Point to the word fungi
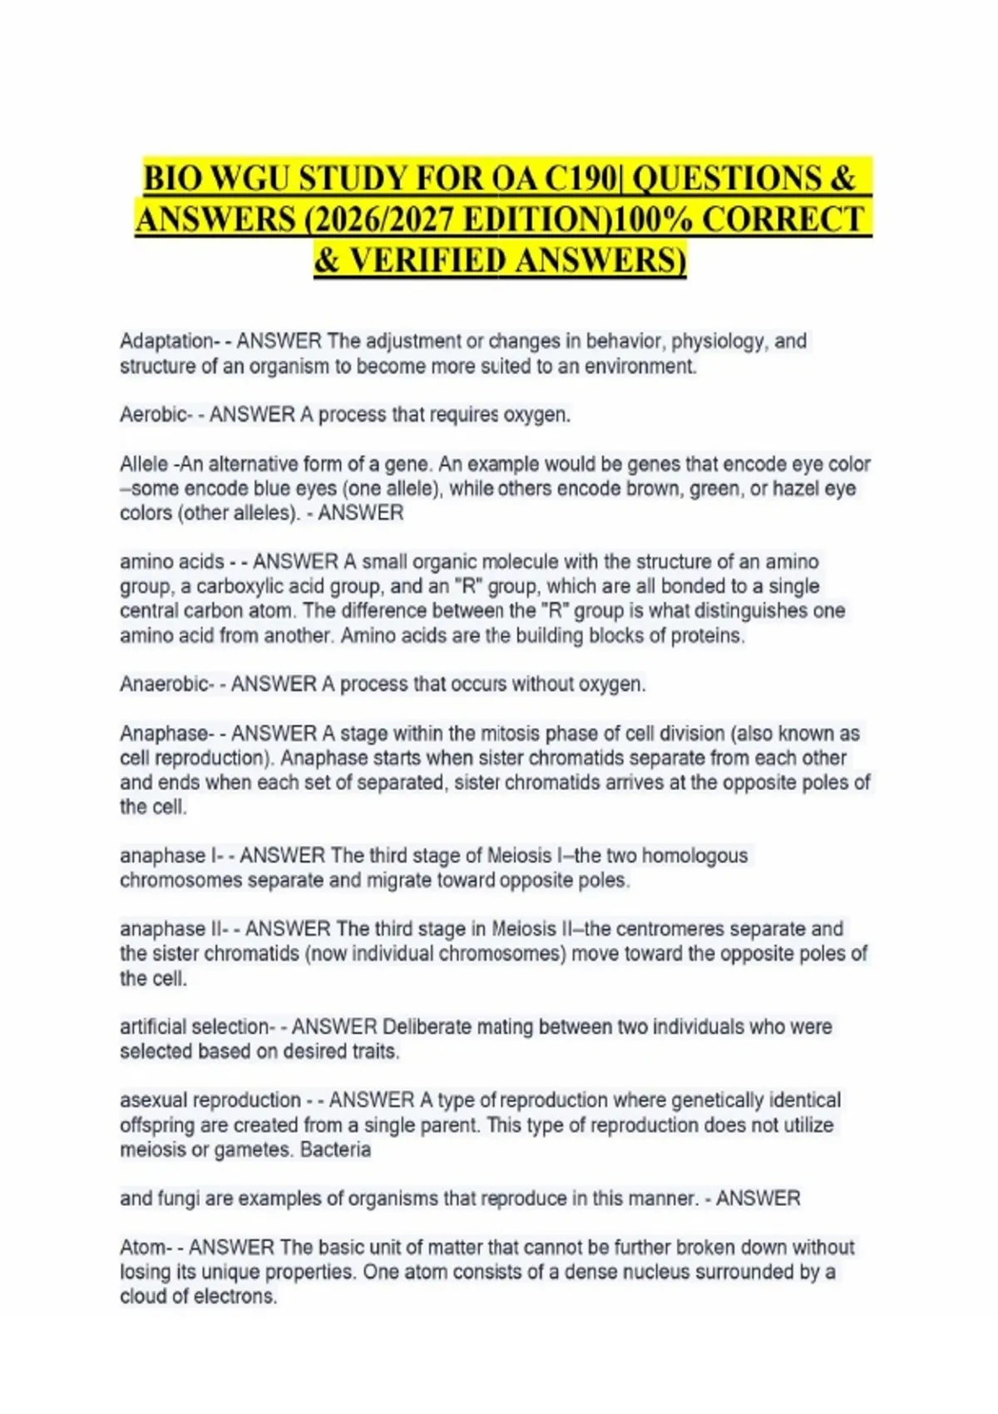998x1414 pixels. point(177,1199)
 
